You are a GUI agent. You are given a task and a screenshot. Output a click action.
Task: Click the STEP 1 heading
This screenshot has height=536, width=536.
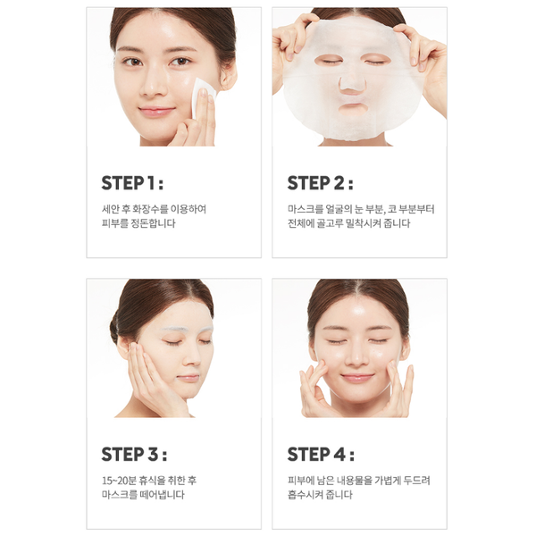(x=132, y=183)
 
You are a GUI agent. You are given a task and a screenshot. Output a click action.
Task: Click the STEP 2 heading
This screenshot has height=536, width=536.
(x=320, y=183)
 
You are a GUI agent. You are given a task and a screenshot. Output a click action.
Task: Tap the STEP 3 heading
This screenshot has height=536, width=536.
(x=134, y=455)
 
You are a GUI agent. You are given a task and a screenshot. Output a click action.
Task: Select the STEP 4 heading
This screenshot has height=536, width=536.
(x=321, y=455)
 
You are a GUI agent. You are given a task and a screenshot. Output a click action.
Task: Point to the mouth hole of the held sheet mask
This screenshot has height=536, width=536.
(x=354, y=109)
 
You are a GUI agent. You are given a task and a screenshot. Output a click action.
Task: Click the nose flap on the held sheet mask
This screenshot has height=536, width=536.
(x=353, y=86)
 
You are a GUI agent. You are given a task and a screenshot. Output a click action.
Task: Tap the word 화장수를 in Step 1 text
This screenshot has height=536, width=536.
(x=150, y=209)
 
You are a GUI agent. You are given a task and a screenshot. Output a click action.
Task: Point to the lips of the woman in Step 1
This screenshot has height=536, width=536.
(x=156, y=111)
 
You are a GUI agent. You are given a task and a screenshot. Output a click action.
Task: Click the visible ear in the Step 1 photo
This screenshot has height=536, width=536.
(x=228, y=76)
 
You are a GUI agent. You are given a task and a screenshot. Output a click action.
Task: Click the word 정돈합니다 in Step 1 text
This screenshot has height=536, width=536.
(x=153, y=223)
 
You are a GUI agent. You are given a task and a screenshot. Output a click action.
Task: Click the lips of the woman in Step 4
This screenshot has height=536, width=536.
(x=356, y=378)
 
